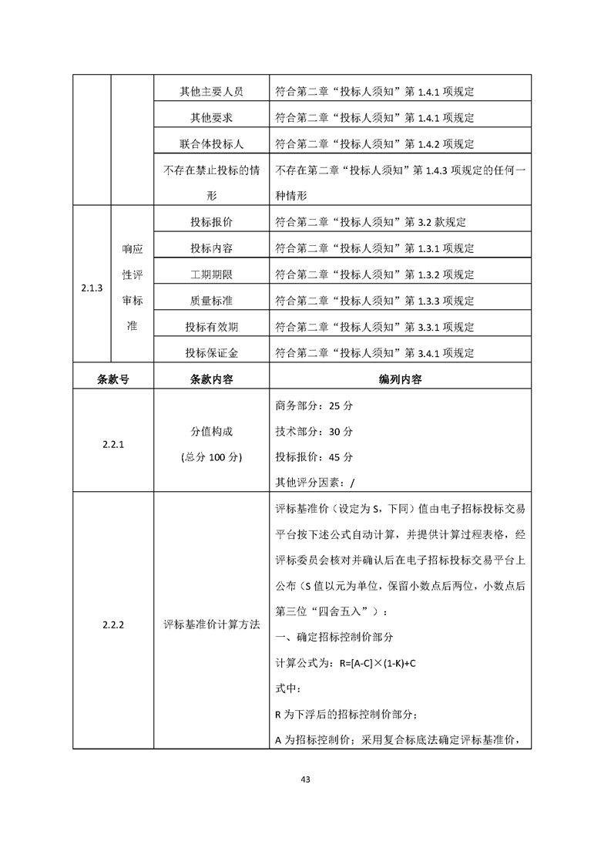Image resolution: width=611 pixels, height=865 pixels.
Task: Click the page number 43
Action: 305,779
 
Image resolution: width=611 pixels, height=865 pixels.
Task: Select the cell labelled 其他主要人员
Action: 211,92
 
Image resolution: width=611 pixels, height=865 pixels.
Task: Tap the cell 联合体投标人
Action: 211,144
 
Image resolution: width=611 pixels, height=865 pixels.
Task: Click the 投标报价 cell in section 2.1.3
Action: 211,222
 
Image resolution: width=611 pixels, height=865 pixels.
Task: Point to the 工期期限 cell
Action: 211,274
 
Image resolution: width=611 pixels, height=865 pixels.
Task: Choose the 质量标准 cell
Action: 211,301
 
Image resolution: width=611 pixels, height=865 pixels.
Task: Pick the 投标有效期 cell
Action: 211,327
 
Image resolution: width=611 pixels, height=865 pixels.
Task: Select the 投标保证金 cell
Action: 211,353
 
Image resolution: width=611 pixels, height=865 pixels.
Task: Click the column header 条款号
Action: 113,379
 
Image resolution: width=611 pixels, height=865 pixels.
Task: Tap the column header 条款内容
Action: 211,379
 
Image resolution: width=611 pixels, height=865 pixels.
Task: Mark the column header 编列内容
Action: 400,379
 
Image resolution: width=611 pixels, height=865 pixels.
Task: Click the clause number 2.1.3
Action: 92,288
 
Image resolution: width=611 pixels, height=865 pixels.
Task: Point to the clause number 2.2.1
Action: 113,444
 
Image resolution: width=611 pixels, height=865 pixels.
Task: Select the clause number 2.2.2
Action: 113,624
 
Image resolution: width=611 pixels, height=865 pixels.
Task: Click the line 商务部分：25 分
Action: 314,406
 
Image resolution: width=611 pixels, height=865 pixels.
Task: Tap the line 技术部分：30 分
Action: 314,432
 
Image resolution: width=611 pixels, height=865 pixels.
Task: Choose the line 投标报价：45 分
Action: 314,457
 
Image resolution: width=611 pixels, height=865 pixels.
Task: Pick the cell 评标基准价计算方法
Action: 211,624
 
